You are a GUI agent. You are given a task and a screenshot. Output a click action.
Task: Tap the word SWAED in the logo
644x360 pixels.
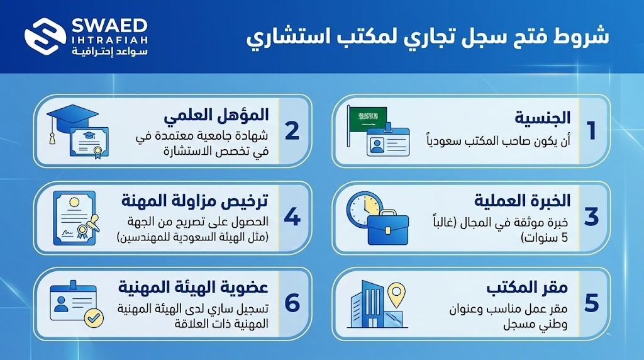[x=109, y=26]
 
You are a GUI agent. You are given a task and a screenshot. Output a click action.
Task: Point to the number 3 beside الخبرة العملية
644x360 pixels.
[x=591, y=216]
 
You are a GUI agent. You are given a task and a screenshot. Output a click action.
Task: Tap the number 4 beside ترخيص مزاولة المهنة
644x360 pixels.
[x=292, y=216]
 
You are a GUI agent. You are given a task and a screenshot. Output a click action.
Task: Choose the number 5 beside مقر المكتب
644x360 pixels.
[x=591, y=302]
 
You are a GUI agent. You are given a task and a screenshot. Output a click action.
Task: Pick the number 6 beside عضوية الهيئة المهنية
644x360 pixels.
[x=292, y=302]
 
